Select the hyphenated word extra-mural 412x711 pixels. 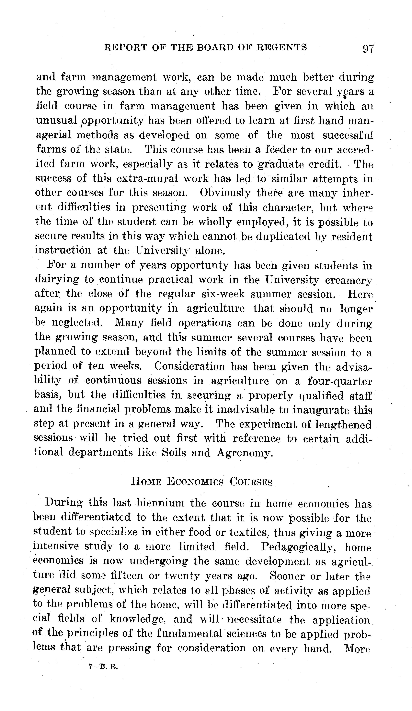click(147, 178)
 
